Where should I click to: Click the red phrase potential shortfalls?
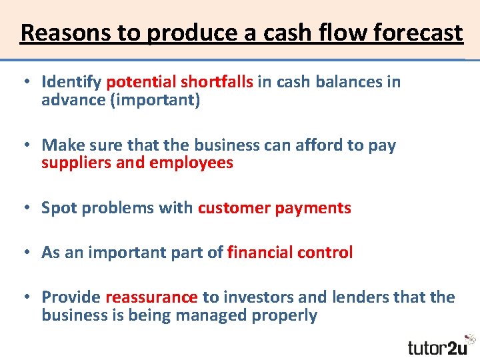click(x=179, y=82)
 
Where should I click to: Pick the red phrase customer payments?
click(x=274, y=208)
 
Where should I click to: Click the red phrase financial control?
click(x=290, y=253)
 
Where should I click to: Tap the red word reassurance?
click(x=151, y=297)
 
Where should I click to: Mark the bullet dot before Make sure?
click(x=24, y=145)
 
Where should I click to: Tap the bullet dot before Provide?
click(x=24, y=297)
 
